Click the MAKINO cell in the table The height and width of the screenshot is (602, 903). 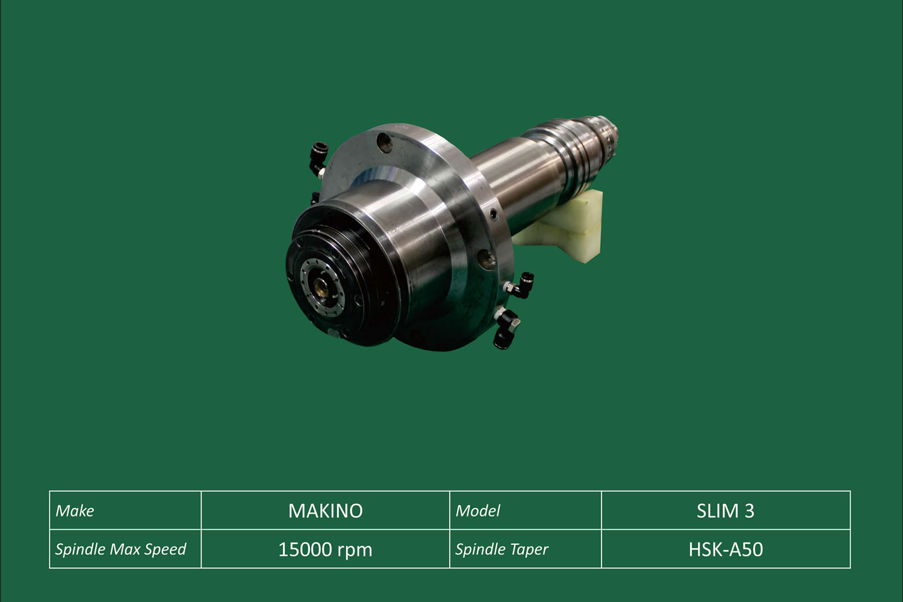point(325,510)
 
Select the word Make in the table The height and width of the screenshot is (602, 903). point(75,511)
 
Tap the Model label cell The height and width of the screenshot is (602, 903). point(526,510)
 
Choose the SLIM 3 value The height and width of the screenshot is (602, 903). point(725,511)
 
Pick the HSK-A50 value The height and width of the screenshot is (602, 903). point(725,549)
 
